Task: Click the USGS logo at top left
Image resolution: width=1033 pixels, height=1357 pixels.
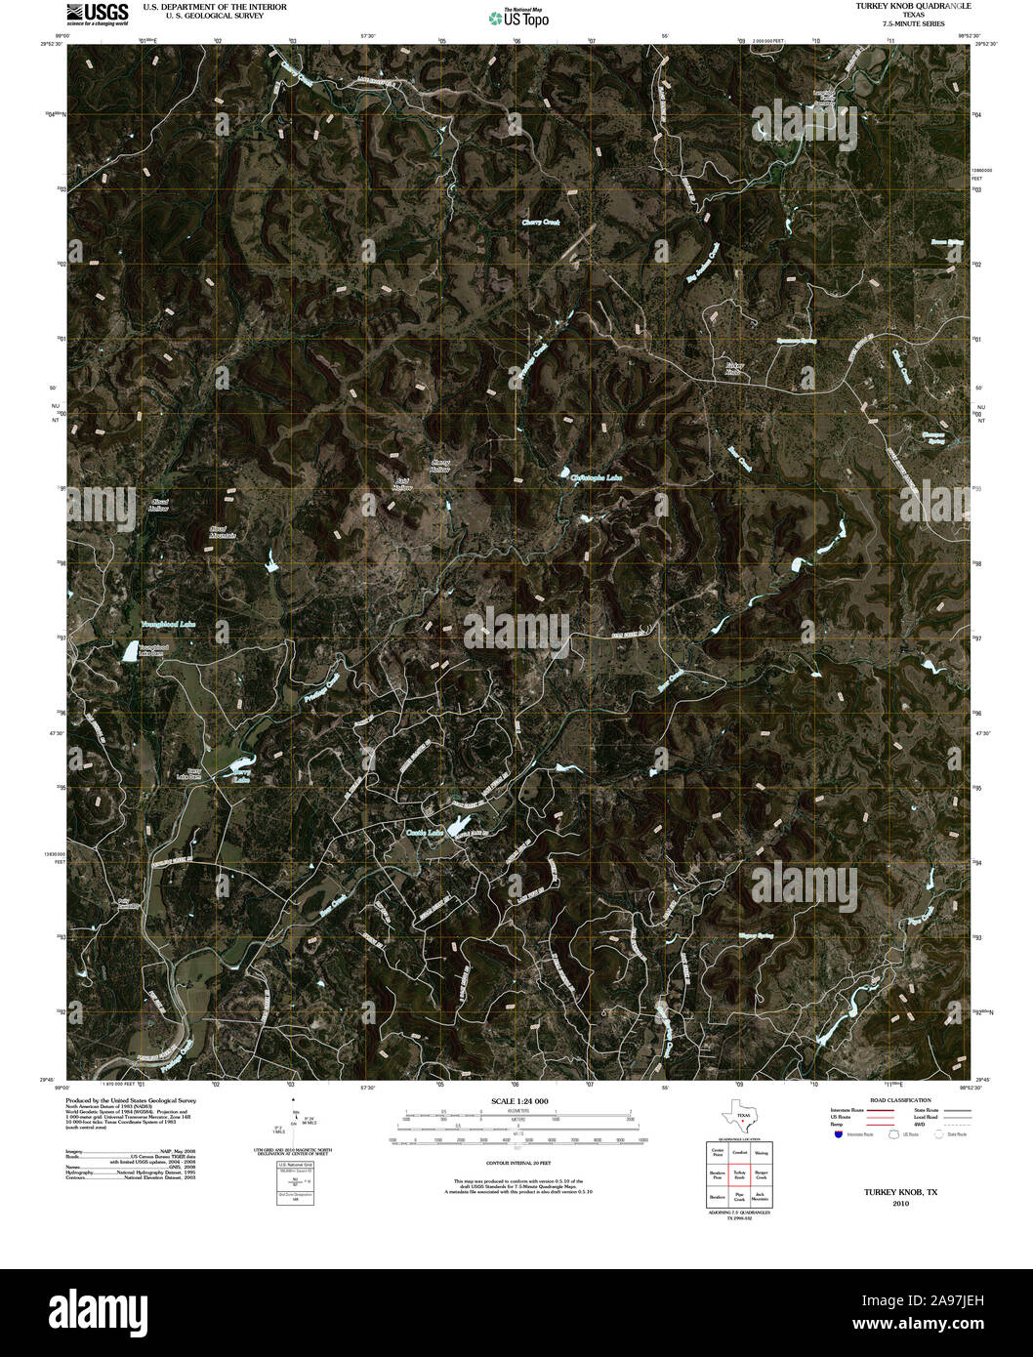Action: pyautogui.click(x=98, y=13)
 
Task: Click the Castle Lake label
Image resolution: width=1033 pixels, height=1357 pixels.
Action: pyautogui.click(x=425, y=832)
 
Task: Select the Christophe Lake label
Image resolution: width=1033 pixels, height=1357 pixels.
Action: pyautogui.click(x=596, y=477)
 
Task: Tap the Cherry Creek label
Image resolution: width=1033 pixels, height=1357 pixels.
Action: pyautogui.click(x=540, y=223)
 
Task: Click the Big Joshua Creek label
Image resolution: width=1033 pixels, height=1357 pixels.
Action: pyautogui.click(x=702, y=263)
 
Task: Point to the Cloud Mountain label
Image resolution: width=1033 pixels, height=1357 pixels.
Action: pyautogui.click(x=223, y=532)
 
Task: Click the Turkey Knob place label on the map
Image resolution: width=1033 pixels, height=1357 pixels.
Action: pyautogui.click(x=733, y=368)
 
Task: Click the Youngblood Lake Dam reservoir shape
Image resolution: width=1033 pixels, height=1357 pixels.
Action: pyautogui.click(x=128, y=653)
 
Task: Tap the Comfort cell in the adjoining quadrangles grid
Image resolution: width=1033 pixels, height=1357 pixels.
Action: pyautogui.click(x=740, y=1152)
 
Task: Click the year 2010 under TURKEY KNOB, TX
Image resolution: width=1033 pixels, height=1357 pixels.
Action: pyautogui.click(x=900, y=1204)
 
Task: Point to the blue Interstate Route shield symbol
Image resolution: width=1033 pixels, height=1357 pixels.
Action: pyautogui.click(x=839, y=1135)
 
